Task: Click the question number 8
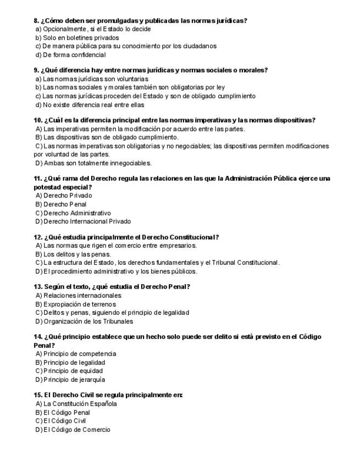pyautogui.click(x=36, y=21)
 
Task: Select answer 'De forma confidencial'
pyautogui.click(x=74, y=55)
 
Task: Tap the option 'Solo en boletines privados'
pyautogui.click(x=80, y=38)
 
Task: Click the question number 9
pyautogui.click(x=36, y=70)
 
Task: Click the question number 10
pyautogui.click(x=38, y=120)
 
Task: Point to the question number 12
pyautogui.click(x=38, y=237)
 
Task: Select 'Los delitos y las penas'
pyautogui.click(x=77, y=254)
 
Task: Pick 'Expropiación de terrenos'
pyautogui.click(x=80, y=304)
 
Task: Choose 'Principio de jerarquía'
pyautogui.click(x=74, y=380)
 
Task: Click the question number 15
pyautogui.click(x=38, y=395)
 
